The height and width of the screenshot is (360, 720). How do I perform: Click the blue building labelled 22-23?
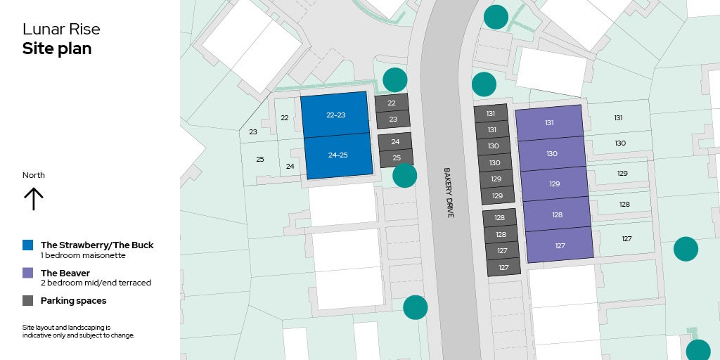(x=335, y=114)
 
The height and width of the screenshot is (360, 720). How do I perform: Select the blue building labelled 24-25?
(x=338, y=155)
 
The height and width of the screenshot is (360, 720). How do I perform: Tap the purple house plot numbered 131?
(x=549, y=122)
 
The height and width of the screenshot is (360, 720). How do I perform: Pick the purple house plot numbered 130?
(x=552, y=153)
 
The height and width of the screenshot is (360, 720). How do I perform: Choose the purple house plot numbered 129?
(x=555, y=184)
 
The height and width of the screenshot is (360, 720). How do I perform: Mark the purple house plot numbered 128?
(x=558, y=214)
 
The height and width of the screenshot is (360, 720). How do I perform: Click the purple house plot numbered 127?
(x=560, y=245)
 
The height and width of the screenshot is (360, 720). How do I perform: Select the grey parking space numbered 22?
(x=392, y=103)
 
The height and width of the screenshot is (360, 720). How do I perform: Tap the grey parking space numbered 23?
(x=393, y=120)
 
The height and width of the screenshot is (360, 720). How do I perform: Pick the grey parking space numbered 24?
(x=395, y=141)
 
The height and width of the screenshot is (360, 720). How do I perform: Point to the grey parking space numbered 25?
(x=397, y=157)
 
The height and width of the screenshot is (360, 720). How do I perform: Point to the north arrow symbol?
(x=33, y=199)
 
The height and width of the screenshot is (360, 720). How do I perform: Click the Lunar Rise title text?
(x=61, y=30)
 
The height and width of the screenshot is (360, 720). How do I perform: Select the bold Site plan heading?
(x=57, y=49)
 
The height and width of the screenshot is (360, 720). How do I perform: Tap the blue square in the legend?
(x=28, y=245)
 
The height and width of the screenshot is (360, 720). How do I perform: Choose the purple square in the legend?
(x=28, y=273)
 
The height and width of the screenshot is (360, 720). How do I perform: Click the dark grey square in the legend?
(x=28, y=300)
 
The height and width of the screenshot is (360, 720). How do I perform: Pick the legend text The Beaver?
(x=65, y=273)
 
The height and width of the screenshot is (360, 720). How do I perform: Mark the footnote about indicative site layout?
(x=78, y=331)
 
